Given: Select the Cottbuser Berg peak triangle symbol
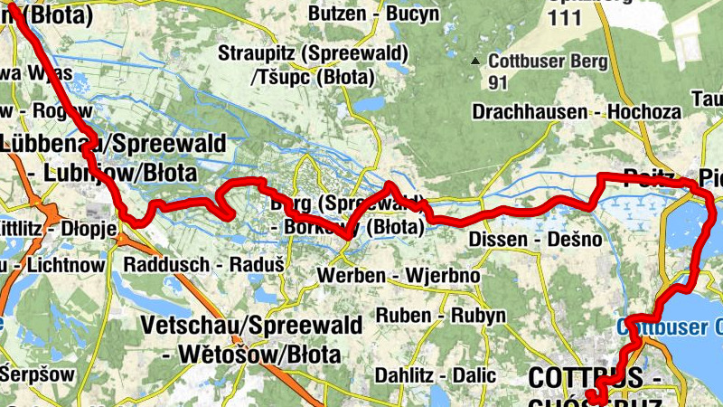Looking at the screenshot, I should (475, 62).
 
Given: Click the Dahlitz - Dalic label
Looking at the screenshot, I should (437, 374).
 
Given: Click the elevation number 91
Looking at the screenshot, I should (497, 83).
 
